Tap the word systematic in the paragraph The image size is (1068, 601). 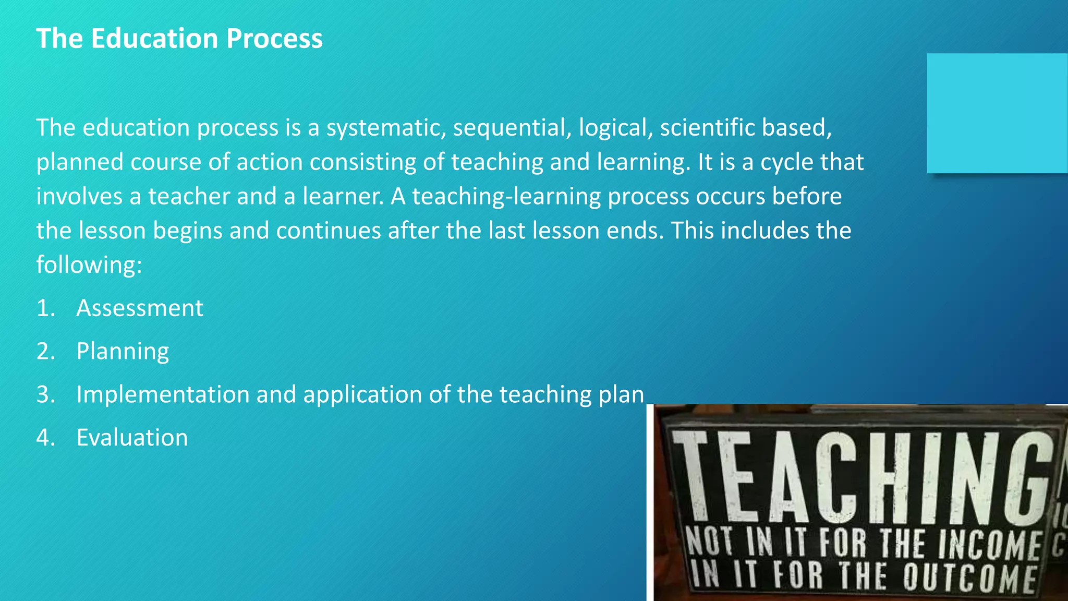(386, 128)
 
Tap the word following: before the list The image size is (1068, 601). (89, 265)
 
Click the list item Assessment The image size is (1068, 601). (140, 308)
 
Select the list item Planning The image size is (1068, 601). (123, 352)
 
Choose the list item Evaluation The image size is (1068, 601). (132, 438)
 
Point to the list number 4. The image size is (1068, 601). (45, 438)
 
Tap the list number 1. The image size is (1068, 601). (45, 308)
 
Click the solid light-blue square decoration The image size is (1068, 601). (997, 113)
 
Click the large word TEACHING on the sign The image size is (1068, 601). (860, 477)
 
